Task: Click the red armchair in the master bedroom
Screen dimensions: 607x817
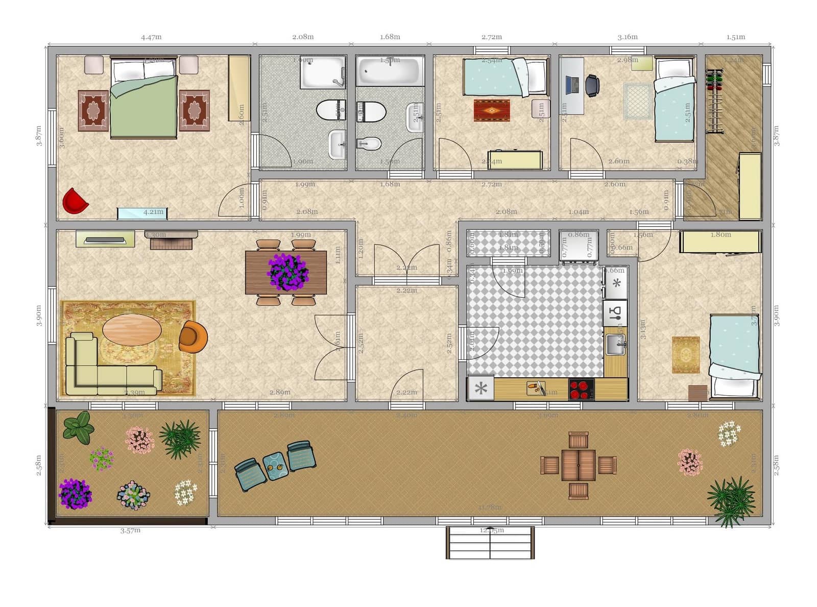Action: (75, 201)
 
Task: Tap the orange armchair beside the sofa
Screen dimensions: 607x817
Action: (193, 336)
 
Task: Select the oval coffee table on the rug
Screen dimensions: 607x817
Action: (132, 330)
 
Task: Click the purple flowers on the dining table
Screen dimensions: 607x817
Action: (287, 272)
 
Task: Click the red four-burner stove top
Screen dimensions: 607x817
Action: (581, 389)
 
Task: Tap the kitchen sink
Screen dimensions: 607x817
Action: (615, 345)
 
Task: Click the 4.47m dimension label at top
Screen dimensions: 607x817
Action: (151, 37)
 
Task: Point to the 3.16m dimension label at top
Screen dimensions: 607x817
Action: (628, 37)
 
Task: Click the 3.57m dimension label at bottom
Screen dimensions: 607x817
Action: (130, 530)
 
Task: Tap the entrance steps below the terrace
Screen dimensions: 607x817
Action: (490, 544)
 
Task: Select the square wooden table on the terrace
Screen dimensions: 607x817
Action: (578, 465)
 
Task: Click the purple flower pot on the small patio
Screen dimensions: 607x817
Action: (75, 494)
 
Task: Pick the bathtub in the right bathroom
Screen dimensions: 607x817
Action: (390, 71)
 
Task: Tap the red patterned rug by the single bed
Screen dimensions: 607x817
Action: (491, 110)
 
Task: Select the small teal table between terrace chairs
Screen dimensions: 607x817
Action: (276, 466)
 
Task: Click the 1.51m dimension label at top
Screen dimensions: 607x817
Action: (736, 37)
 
